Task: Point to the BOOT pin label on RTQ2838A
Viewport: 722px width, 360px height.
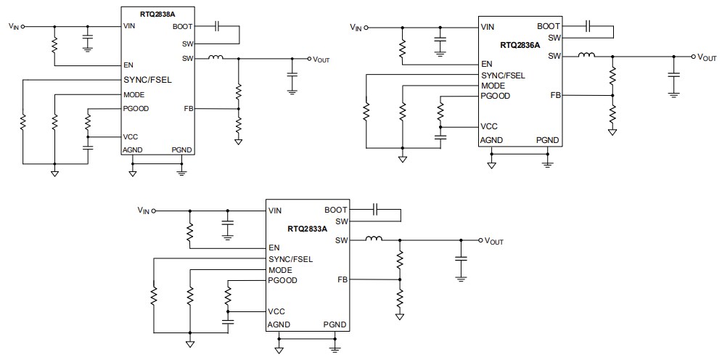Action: coord(182,26)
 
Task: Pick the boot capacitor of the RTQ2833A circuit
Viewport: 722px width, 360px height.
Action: coord(374,210)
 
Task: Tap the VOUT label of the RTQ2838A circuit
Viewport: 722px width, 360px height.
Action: coord(321,60)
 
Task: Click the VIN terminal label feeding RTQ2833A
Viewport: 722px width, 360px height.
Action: coord(144,210)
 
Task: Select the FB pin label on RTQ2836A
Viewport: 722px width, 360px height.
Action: coord(555,95)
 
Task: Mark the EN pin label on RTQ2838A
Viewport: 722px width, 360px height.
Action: coord(128,65)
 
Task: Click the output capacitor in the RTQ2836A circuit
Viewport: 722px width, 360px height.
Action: coord(674,74)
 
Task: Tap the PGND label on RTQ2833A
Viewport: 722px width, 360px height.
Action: coord(335,324)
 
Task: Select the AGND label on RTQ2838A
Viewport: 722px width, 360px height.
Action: coord(133,150)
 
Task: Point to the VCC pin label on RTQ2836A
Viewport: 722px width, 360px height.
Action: coord(489,126)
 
